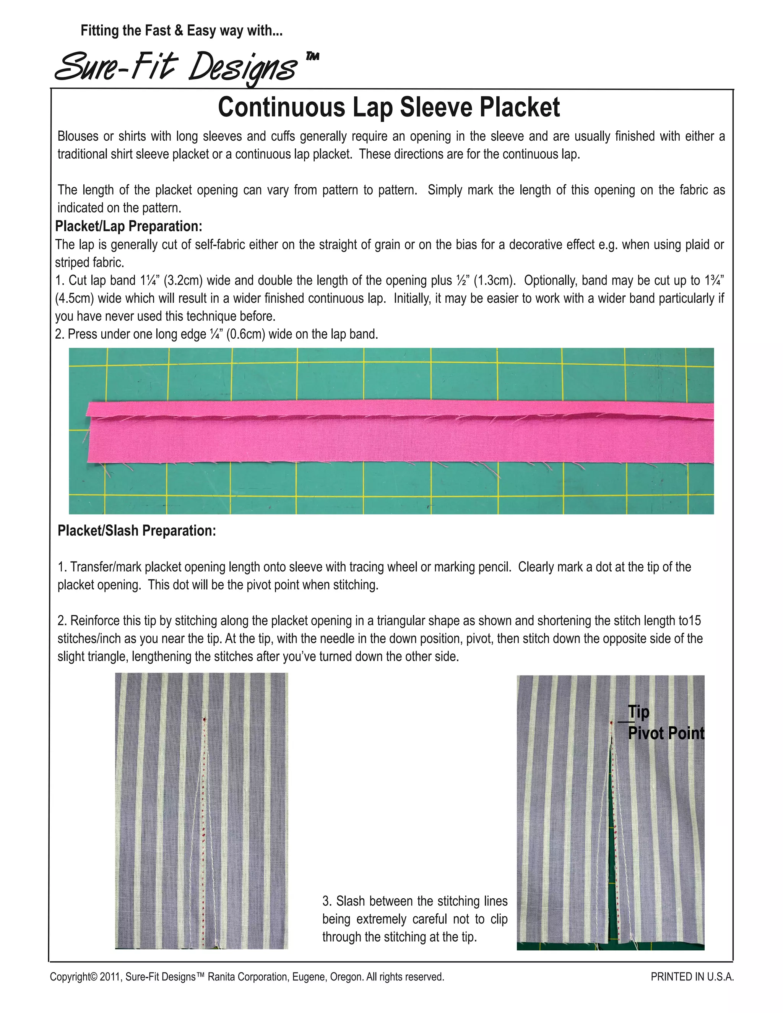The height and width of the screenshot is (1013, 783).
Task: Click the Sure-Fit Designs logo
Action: [x=176, y=67]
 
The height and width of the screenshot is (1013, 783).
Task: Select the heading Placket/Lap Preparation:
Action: [x=128, y=226]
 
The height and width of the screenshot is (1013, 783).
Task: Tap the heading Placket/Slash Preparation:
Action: [x=136, y=531]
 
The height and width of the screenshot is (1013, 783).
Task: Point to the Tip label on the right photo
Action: [x=638, y=711]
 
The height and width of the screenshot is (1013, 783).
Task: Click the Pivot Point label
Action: [x=666, y=733]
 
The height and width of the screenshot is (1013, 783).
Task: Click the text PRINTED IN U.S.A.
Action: [x=692, y=977]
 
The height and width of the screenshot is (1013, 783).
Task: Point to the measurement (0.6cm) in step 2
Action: [x=245, y=334]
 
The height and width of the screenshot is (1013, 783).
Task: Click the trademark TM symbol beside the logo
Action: [x=313, y=57]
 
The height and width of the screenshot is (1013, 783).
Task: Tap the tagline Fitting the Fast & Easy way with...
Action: [x=181, y=31]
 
